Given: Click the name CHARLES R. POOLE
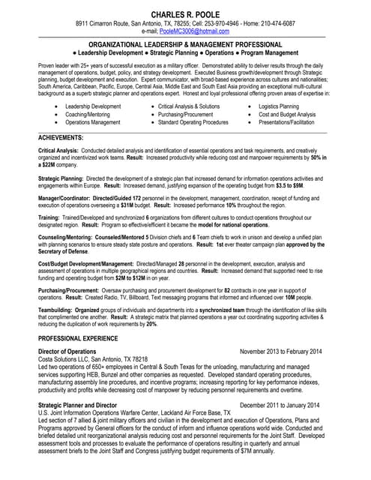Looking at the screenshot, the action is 185,15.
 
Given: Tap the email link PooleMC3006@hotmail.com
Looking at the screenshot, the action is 194,31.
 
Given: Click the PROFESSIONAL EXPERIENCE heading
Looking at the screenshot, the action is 81,339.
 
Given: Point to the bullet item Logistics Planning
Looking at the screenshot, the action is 279,107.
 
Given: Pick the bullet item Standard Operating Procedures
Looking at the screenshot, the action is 193,122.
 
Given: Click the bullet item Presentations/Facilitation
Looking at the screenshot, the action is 287,122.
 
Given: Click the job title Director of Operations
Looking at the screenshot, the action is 67,352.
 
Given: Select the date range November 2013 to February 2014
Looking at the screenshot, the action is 280,352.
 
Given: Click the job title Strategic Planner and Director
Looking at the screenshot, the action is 77,405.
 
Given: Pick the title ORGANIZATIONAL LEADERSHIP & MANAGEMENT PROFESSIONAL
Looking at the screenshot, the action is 185,45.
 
